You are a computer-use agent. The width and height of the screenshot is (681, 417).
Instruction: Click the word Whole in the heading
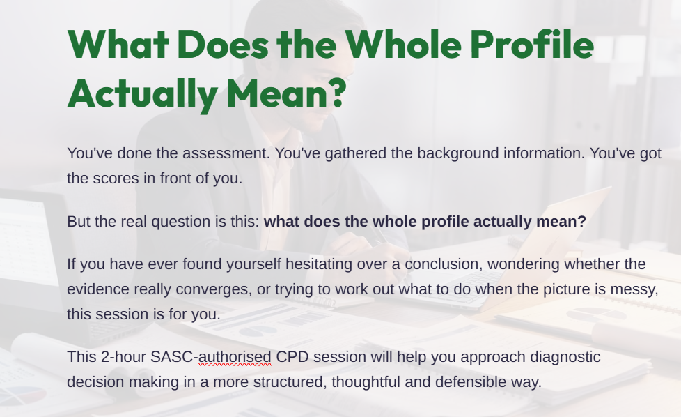tap(403, 44)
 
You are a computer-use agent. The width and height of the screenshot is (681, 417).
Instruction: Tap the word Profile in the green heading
tap(533, 44)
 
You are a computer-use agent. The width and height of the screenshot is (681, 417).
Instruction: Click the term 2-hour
tap(123, 357)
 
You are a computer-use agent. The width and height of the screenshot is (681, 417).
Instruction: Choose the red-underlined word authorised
tap(235, 357)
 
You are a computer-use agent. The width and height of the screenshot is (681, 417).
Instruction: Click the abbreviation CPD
tap(292, 357)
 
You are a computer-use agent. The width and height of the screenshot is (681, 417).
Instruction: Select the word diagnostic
tap(565, 358)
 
